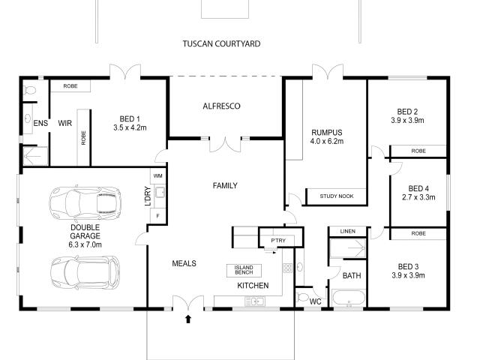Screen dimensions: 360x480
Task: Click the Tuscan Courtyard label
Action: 221,44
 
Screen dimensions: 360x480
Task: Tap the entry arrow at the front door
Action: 187,319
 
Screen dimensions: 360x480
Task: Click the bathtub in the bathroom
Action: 349,302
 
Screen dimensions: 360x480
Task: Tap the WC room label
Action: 316,300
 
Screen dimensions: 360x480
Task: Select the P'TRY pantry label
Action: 268,240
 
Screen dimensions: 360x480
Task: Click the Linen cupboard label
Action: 346,231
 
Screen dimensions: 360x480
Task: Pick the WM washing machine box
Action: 158,175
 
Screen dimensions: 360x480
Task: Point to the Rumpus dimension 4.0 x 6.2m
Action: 326,141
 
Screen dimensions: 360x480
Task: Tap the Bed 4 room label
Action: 418,188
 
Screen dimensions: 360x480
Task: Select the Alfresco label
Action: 221,106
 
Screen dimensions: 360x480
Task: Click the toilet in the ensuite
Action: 29,91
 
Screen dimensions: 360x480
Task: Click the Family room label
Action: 225,184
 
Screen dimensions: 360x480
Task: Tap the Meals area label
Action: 184,263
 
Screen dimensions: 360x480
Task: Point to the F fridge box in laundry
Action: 157,216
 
